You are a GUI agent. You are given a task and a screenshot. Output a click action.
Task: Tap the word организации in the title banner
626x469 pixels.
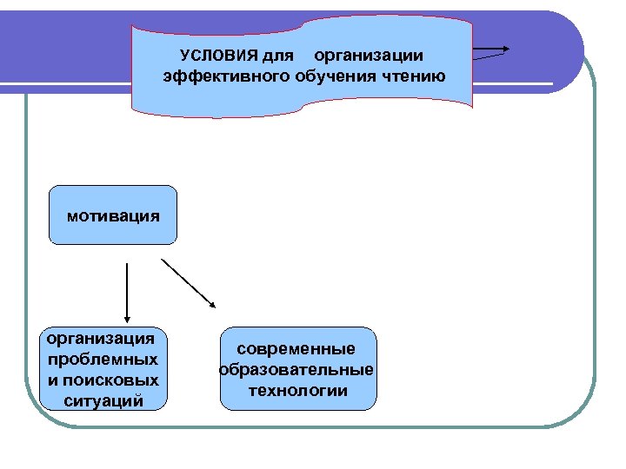click(x=369, y=56)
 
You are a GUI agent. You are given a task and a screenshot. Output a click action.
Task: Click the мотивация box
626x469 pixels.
click(x=113, y=214)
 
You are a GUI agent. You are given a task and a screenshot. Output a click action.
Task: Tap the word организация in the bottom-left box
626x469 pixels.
click(x=101, y=337)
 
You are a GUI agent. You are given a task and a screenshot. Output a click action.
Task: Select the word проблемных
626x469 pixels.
click(x=103, y=358)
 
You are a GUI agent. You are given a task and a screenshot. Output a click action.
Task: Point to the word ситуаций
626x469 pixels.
click(x=103, y=400)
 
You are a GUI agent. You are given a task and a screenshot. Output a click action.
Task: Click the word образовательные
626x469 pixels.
click(x=297, y=370)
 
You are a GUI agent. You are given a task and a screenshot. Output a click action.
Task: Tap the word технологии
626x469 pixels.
click(x=297, y=391)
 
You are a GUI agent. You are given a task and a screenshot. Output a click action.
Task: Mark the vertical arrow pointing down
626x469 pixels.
click(x=128, y=291)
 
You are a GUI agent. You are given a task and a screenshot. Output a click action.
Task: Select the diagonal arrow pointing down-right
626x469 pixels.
click(x=189, y=281)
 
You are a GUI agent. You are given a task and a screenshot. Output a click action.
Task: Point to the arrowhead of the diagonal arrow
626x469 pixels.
click(x=213, y=303)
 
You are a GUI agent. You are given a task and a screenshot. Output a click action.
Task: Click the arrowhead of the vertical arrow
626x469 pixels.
click(x=128, y=319)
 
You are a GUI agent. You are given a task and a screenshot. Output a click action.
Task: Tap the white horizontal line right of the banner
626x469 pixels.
click(x=513, y=84)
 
